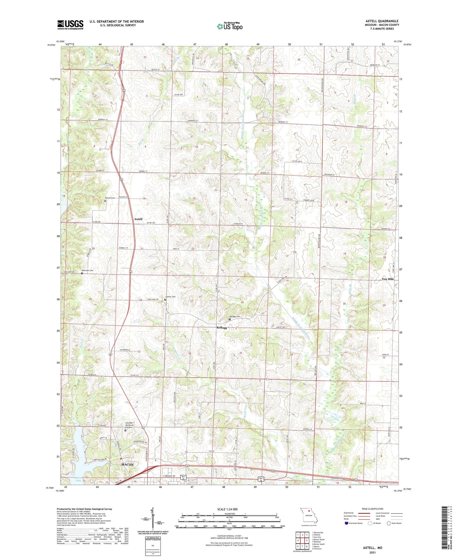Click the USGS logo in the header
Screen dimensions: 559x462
(70, 25)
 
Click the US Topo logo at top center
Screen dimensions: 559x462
(230, 26)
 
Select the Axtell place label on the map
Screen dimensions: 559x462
(138, 219)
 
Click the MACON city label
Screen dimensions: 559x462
(127, 464)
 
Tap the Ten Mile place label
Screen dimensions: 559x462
(388, 279)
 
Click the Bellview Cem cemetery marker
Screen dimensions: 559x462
(82, 273)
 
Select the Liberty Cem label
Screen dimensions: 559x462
(170, 297)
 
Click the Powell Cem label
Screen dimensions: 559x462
(110, 198)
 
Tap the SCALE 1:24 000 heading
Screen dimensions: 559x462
(227, 509)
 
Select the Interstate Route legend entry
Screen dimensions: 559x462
(355, 523)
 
